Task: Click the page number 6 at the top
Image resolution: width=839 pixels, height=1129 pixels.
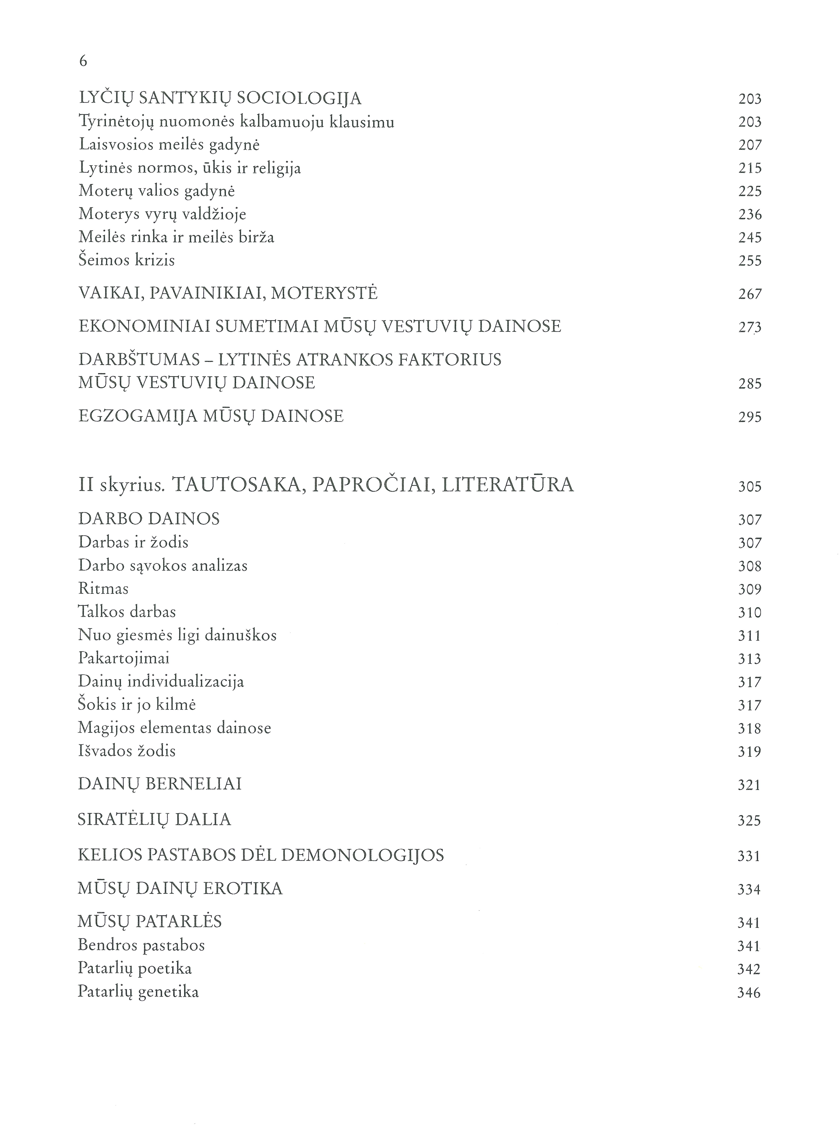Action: pyautogui.click(x=83, y=61)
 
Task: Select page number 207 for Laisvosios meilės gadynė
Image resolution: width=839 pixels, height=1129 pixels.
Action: pyautogui.click(x=750, y=145)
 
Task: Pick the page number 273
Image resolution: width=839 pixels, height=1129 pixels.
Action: pyautogui.click(x=750, y=327)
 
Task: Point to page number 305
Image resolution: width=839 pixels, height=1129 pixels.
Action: pyautogui.click(x=750, y=487)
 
